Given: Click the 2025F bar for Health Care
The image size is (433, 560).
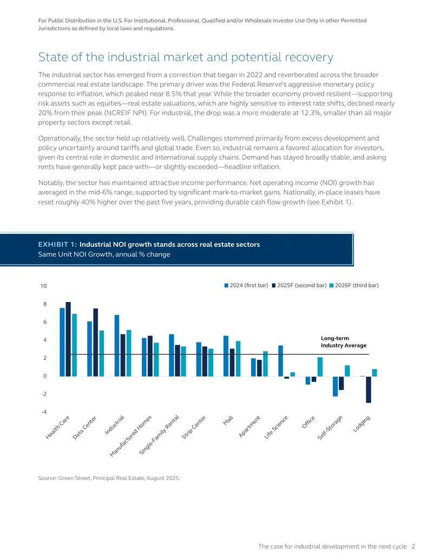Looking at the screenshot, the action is click(68, 339).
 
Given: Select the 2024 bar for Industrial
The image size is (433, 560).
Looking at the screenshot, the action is click(117, 345).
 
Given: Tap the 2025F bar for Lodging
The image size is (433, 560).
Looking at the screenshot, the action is click(369, 389).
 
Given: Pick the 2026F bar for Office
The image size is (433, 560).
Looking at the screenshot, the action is click(320, 367).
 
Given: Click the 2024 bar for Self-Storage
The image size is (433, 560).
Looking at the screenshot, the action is click(335, 386).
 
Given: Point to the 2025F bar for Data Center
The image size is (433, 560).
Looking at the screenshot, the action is click(95, 342).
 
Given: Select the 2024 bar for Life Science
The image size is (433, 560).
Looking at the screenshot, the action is click(280, 361).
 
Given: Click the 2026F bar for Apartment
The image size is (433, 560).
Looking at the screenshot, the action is click(265, 364).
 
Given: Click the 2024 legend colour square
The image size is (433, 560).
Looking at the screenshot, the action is click(226, 285).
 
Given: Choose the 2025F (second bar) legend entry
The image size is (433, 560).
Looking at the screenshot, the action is click(299, 285).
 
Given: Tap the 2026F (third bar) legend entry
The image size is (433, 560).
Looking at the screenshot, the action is click(354, 285).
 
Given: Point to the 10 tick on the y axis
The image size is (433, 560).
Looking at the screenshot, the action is click(43, 286).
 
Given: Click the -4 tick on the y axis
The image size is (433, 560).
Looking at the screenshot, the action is click(44, 412).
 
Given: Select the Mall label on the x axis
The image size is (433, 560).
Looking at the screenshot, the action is click(228, 420).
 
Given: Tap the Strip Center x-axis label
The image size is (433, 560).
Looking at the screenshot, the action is click(194, 427).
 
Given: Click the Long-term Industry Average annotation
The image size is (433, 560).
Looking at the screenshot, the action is click(343, 342).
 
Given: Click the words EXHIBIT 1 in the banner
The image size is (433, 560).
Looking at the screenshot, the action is click(57, 244).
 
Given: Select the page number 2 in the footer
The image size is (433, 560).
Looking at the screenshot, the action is click(414, 546).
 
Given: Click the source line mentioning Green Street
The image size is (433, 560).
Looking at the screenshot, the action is click(109, 478).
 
